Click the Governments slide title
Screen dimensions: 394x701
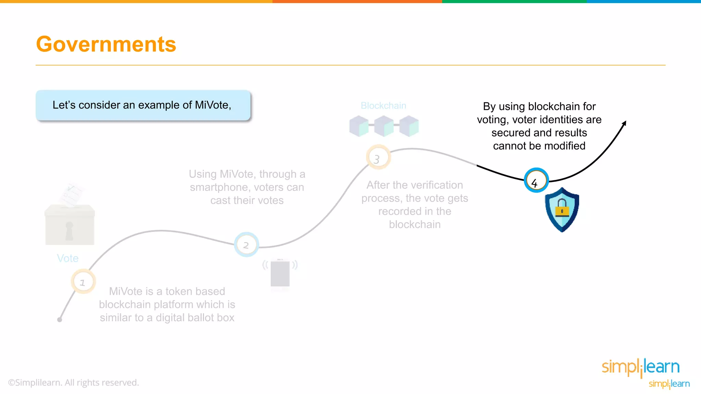(x=106, y=44)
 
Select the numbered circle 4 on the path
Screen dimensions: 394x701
(x=536, y=180)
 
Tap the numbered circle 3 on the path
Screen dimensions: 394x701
(x=378, y=157)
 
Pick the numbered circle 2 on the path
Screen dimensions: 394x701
(x=246, y=245)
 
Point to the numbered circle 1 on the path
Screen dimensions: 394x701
(x=83, y=282)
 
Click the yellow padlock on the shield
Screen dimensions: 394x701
(x=562, y=208)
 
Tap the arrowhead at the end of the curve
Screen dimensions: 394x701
(x=624, y=123)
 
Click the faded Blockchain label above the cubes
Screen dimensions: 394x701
(x=383, y=106)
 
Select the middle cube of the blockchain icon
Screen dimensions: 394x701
(x=384, y=126)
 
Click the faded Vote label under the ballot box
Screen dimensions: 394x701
(x=68, y=258)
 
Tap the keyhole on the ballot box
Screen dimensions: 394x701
(x=69, y=231)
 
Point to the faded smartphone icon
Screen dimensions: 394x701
(x=280, y=273)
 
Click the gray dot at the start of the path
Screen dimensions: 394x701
(x=60, y=319)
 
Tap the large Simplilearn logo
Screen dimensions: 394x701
(x=640, y=367)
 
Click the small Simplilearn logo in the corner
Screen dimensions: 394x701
(x=669, y=384)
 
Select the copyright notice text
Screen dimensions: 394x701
(x=74, y=382)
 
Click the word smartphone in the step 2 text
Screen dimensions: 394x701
(x=219, y=187)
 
